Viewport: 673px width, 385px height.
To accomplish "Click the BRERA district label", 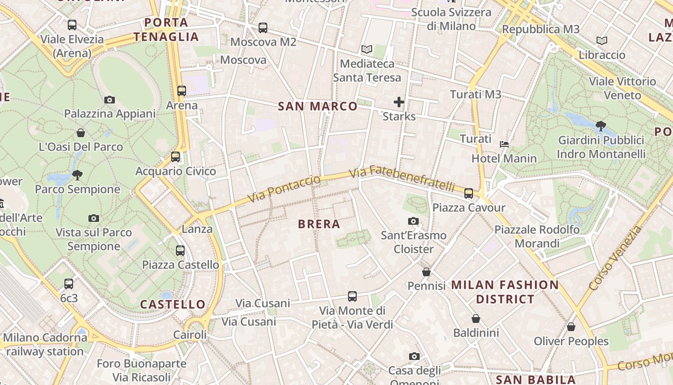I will click(x=319, y=224).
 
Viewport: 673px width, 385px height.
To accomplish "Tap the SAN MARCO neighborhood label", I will click(x=318, y=106).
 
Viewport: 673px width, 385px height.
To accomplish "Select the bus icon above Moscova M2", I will click(x=263, y=28).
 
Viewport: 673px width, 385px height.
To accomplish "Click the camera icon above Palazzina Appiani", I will click(x=110, y=100).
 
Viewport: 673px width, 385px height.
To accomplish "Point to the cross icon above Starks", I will click(x=399, y=102).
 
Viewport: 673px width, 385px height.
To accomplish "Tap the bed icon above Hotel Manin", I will click(x=504, y=144).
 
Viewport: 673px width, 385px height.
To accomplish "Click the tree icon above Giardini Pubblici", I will click(x=600, y=126).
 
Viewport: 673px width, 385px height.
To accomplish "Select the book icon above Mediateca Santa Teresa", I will click(x=367, y=49).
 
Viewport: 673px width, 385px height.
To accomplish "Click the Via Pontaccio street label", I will click(x=284, y=189).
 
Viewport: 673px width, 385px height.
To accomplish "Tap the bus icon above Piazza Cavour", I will click(x=469, y=193).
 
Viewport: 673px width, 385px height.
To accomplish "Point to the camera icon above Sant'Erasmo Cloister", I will click(x=413, y=221).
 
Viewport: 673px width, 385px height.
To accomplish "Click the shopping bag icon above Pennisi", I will click(x=426, y=272).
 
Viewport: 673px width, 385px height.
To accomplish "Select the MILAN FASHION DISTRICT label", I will click(x=505, y=292).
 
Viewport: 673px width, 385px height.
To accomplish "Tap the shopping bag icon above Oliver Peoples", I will click(x=571, y=327).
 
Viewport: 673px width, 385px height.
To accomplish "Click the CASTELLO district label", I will click(x=173, y=304).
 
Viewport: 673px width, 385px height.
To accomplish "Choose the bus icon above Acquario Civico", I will click(x=175, y=157).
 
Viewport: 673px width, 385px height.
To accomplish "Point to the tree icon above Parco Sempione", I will click(x=77, y=175).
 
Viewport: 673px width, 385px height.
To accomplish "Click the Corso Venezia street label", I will click(x=615, y=258).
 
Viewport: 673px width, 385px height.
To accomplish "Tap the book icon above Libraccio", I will click(x=601, y=40).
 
